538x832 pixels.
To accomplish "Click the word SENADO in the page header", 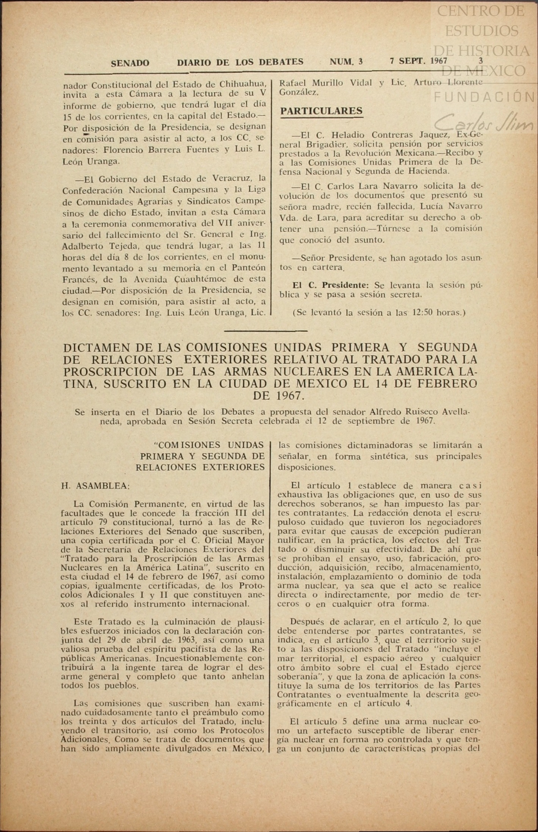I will [x=130, y=63].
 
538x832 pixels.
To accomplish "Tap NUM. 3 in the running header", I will [x=346, y=61].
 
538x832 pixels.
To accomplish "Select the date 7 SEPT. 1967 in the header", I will [x=419, y=61].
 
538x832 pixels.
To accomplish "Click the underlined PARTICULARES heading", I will [x=321, y=111].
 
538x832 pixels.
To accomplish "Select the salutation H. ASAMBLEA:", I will [x=96, y=486].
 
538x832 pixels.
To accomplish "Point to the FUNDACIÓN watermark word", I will [x=484, y=98].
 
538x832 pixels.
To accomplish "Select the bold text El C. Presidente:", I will [x=331, y=285].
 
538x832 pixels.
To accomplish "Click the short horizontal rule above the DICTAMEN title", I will [x=265, y=331].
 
